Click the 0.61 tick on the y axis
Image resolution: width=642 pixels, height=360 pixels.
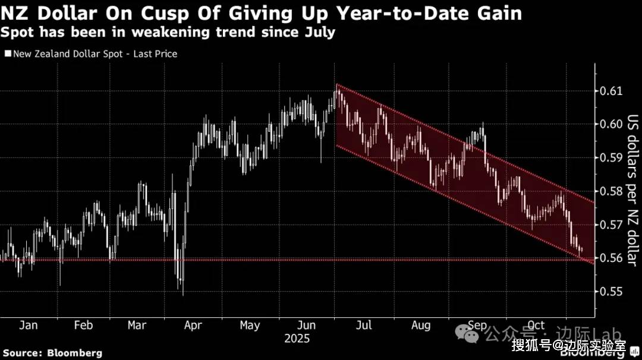(612, 91)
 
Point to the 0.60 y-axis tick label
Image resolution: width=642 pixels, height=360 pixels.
(612, 124)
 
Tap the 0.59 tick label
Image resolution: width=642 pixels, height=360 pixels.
(612, 157)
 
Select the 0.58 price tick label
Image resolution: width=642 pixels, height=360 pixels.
(612, 191)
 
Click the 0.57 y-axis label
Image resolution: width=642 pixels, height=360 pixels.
(612, 225)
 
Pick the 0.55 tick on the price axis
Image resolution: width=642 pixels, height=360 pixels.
(612, 292)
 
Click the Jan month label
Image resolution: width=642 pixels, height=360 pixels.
(28, 325)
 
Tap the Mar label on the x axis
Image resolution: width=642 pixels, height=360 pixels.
(137, 325)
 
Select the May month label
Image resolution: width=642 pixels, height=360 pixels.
(250, 325)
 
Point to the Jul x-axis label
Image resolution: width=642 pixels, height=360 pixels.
(363, 325)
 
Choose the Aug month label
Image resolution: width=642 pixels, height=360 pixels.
(421, 325)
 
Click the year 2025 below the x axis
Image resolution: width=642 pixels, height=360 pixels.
(297, 339)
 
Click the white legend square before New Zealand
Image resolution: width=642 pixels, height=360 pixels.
(7, 53)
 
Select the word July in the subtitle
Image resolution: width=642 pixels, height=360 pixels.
(319, 32)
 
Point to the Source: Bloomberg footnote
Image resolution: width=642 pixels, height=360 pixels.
(53, 353)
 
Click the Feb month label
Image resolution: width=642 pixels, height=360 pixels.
(83, 325)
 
